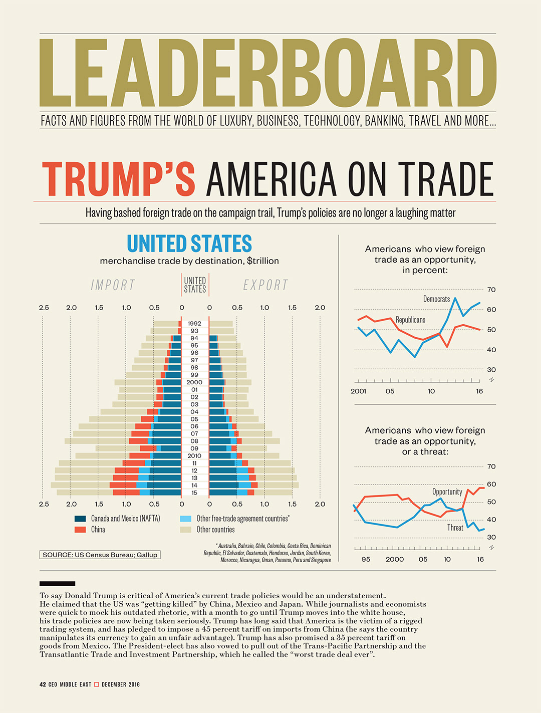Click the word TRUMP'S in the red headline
pos(118,179)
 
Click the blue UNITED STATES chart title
pos(189,244)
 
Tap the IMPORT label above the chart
pos(113,285)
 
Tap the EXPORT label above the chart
pos(265,285)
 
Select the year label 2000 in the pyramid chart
pos(194,382)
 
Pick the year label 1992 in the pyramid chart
pos(194,324)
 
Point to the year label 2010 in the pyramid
pos(194,456)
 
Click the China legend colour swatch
pos(80,530)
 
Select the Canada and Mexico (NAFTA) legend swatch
pos(80,519)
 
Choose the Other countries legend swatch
pos(186,530)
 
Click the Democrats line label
pos(436,299)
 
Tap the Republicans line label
pos(410,320)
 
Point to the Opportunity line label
pos(447,492)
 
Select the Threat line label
pos(455,528)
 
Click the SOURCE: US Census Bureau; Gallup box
pos(100,555)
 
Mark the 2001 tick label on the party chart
pos(358,391)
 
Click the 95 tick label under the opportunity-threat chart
pos(366,559)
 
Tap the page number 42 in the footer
pos(43,684)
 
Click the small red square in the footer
pos(97,684)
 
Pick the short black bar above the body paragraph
pos(57,584)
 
